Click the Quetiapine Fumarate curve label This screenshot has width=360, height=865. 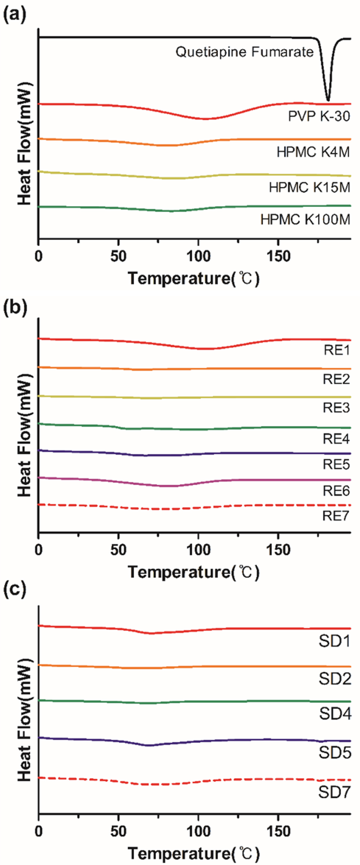point(244,52)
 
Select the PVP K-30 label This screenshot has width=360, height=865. point(319,116)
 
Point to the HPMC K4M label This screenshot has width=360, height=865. point(313,152)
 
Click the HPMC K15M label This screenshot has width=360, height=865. point(309,187)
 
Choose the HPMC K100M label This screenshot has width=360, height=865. point(305,219)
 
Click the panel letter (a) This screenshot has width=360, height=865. point(14,15)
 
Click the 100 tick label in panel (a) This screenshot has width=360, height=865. point(198,257)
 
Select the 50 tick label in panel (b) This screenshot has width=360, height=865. point(118,550)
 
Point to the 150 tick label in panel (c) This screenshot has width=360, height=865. point(278,831)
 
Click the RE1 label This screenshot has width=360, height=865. point(336,350)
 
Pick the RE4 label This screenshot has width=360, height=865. point(336,439)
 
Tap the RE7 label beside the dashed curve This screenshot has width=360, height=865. point(336,515)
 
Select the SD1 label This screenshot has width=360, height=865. point(335,641)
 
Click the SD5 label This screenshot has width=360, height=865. point(335,753)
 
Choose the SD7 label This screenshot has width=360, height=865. point(335,792)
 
